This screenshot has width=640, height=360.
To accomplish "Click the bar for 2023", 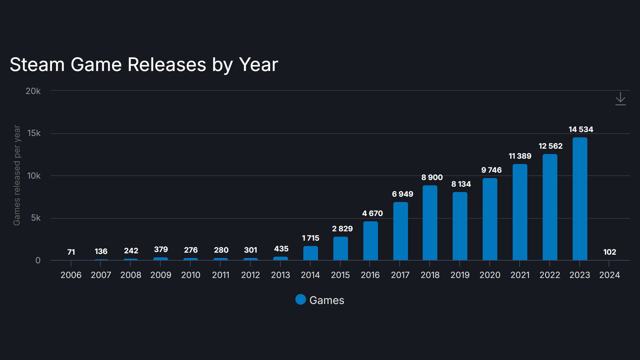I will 580,199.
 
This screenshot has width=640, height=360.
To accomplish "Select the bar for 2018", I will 430,223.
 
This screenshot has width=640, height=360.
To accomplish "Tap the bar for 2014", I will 310,253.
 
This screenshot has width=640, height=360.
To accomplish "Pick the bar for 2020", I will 490,219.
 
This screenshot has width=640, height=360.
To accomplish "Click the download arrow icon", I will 620,99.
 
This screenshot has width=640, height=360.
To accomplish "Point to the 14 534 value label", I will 581,129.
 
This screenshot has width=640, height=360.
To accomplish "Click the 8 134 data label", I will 461,184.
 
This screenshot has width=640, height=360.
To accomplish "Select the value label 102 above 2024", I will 609,252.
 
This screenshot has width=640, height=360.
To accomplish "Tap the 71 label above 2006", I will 71,252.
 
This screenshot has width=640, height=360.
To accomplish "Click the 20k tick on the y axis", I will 33,91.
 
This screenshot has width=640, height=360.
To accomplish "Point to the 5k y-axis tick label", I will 36,218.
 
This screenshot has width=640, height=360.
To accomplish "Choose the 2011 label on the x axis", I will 220,275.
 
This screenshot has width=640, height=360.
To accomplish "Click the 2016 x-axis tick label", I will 370,275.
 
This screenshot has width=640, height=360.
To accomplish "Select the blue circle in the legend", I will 300,300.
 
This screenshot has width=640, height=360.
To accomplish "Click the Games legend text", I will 326,300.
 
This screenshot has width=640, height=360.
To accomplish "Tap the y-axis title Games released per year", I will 17,175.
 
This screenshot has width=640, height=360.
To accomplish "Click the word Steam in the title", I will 37,64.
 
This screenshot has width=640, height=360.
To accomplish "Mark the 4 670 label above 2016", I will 372,213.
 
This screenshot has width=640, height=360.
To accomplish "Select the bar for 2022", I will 550,207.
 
